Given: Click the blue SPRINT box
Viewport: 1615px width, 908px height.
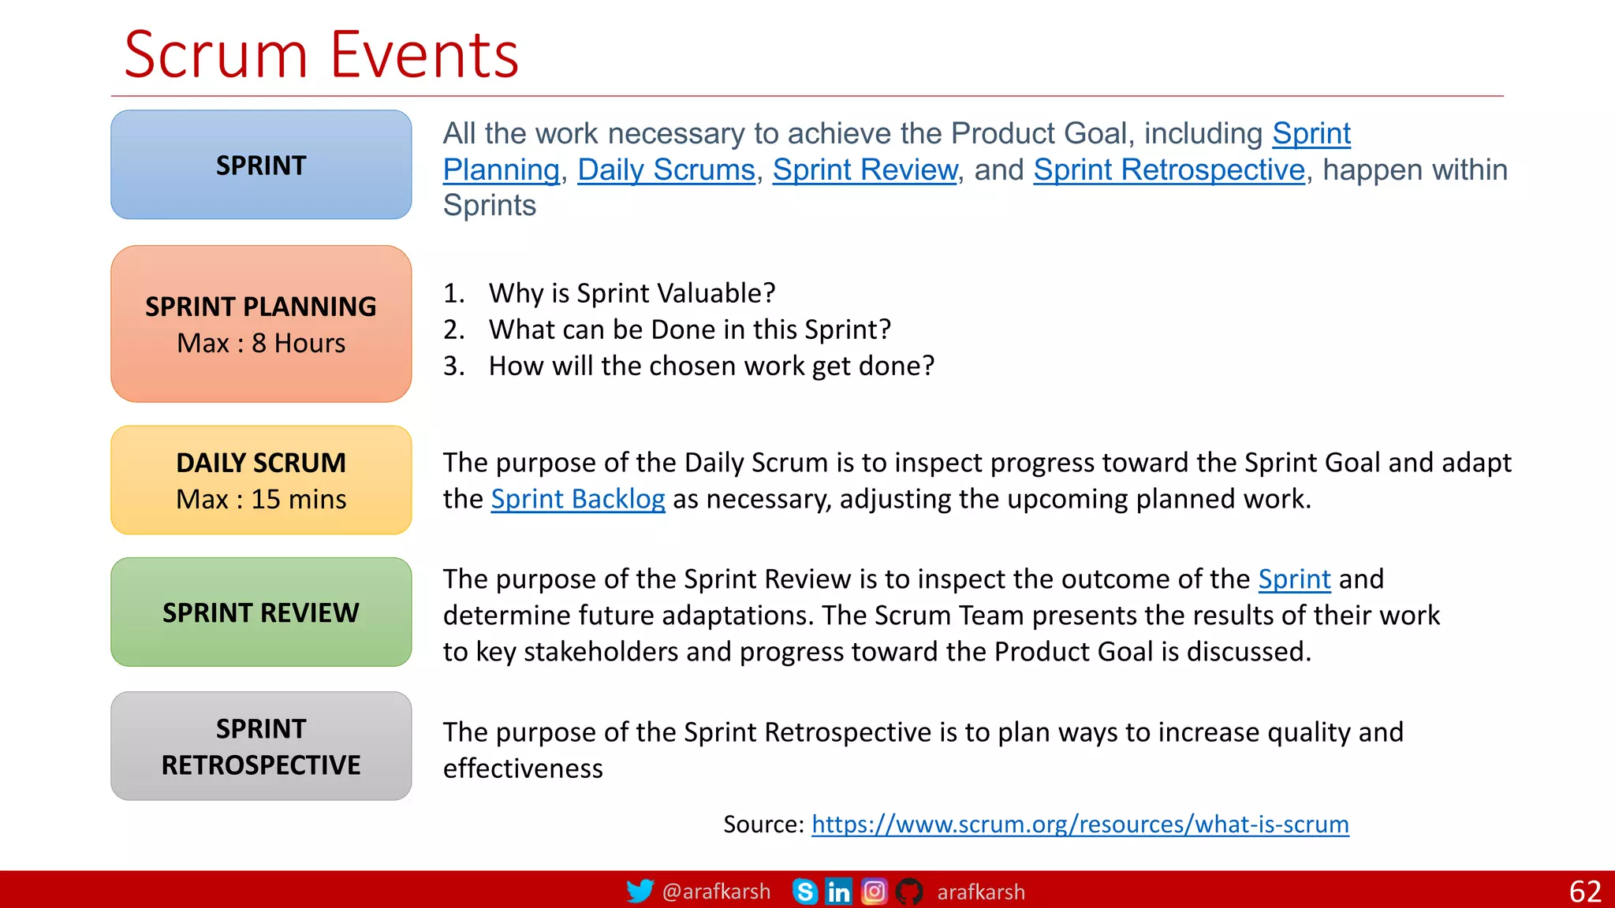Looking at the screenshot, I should pyautogui.click(x=261, y=165).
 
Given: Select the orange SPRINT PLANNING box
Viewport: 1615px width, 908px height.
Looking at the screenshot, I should pyautogui.click(x=261, y=323).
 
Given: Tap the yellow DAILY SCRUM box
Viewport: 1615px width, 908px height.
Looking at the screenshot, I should pyautogui.click(x=261, y=480).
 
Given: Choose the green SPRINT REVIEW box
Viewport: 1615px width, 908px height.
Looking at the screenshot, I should pyautogui.click(x=261, y=612).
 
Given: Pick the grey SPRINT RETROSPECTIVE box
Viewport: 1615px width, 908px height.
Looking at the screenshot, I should pyautogui.click(x=261, y=746).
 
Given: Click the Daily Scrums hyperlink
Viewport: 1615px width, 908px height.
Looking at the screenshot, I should pyautogui.click(x=666, y=170).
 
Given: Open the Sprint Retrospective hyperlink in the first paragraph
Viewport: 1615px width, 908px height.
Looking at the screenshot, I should pyautogui.click(x=1169, y=170).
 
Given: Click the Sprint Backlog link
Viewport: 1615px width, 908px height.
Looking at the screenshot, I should pyautogui.click(x=577, y=499).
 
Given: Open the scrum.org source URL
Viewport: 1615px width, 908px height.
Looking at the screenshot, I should pyautogui.click(x=1080, y=824).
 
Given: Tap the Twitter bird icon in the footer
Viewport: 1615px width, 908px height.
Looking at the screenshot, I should pyautogui.click(x=640, y=891).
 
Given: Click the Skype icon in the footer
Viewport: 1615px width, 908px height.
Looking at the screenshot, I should pyautogui.click(x=804, y=891).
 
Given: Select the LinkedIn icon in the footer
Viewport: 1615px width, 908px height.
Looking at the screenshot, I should pyautogui.click(x=838, y=891).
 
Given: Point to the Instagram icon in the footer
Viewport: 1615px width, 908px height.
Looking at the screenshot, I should pyautogui.click(x=874, y=891).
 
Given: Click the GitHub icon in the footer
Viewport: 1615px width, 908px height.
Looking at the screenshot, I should pyautogui.click(x=909, y=891).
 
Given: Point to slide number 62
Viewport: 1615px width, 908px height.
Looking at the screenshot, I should pyautogui.click(x=1584, y=891).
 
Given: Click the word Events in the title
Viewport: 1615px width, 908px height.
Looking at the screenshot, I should pyautogui.click(x=424, y=55).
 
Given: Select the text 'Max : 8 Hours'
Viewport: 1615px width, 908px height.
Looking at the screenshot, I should pyautogui.click(x=261, y=344).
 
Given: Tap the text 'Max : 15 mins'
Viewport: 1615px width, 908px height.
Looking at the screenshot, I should pyautogui.click(x=261, y=500).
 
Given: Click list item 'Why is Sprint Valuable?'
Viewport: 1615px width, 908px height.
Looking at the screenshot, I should pyautogui.click(x=632, y=293).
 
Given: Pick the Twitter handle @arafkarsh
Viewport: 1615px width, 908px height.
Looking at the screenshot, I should pyautogui.click(x=716, y=891).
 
